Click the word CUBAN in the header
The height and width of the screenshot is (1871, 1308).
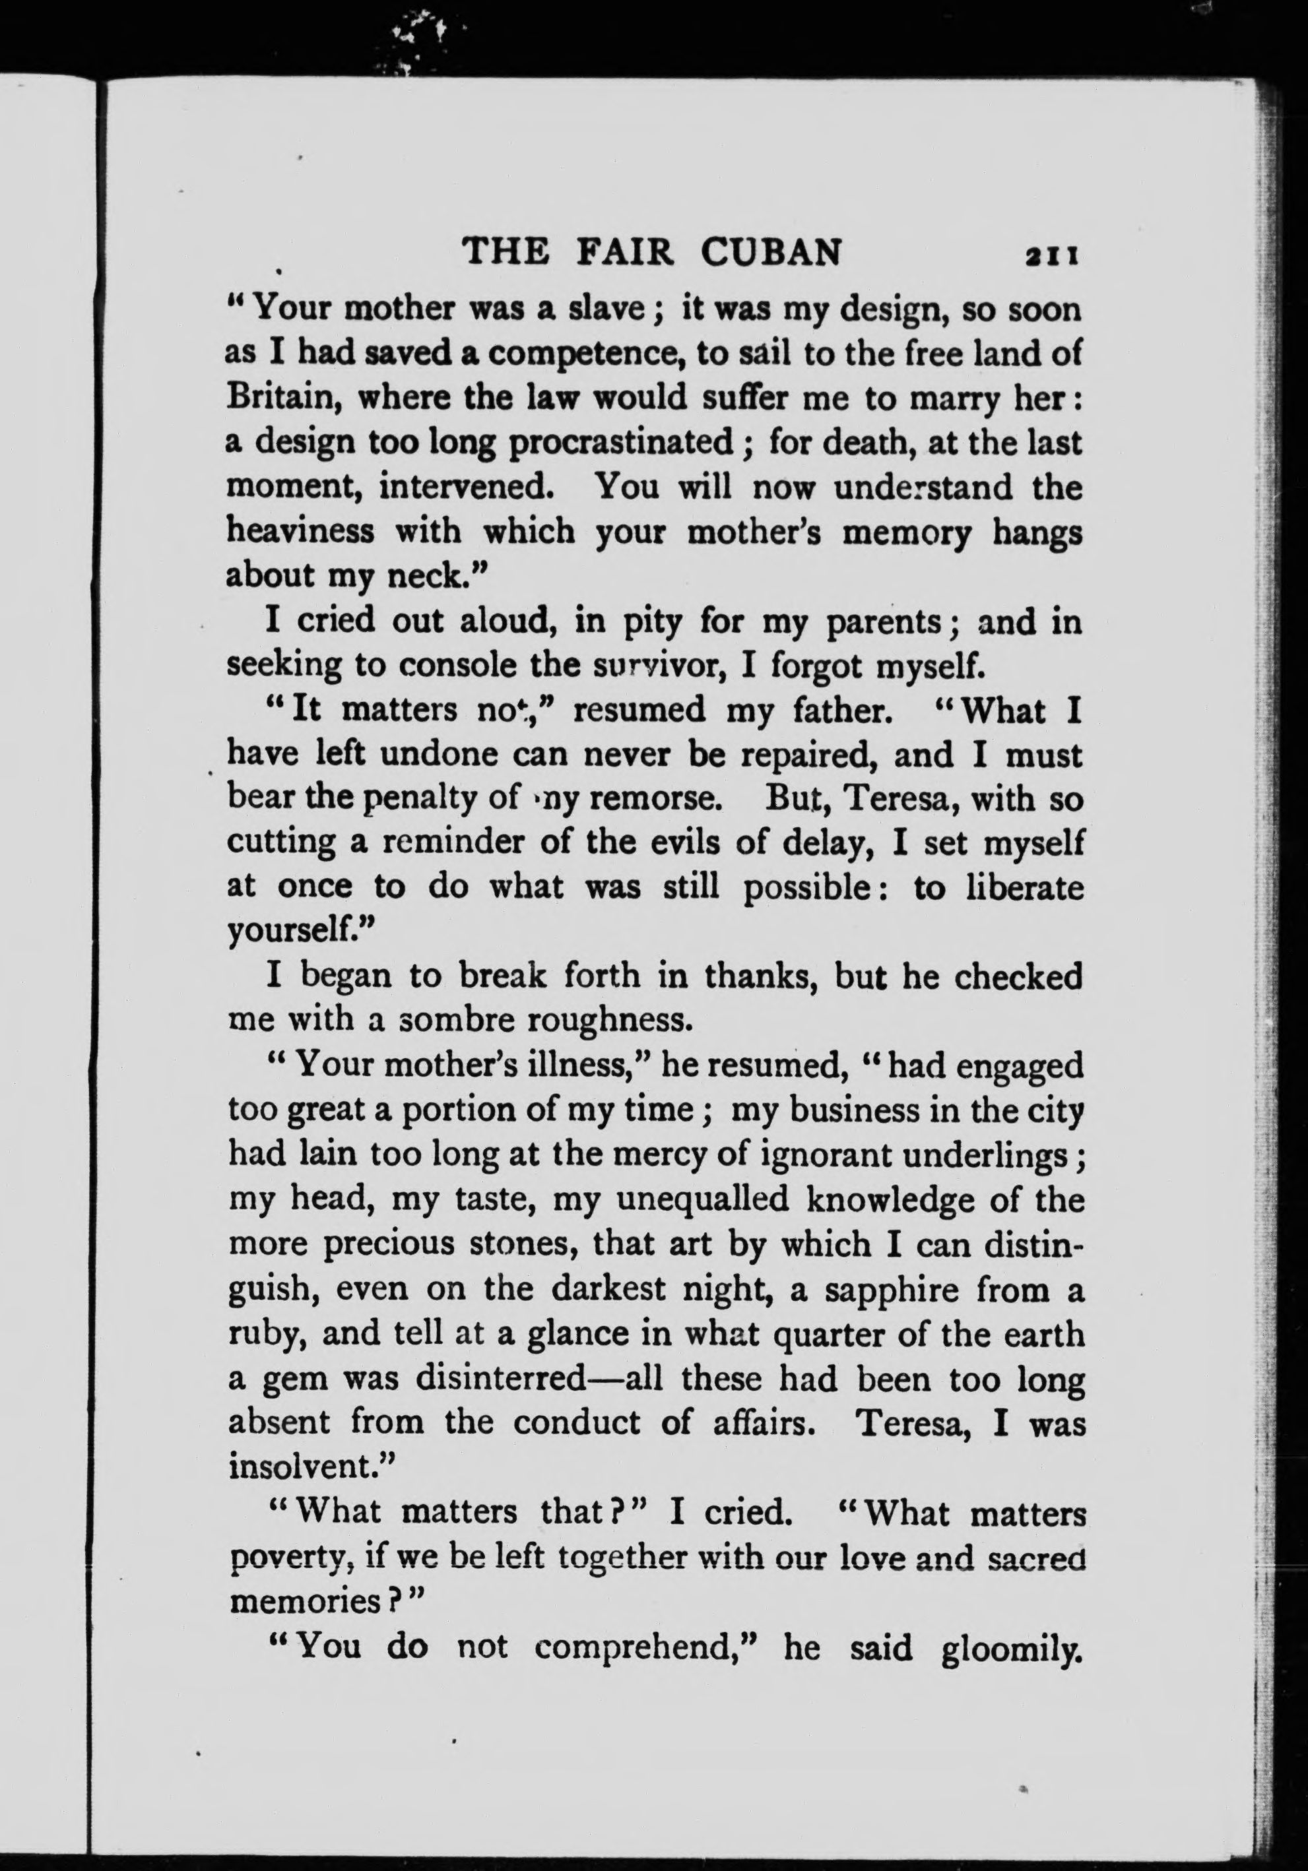[770, 253]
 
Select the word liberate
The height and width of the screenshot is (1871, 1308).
[1024, 887]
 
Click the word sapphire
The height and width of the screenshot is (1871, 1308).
[901, 1290]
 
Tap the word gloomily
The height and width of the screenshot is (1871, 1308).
[1011, 1646]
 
